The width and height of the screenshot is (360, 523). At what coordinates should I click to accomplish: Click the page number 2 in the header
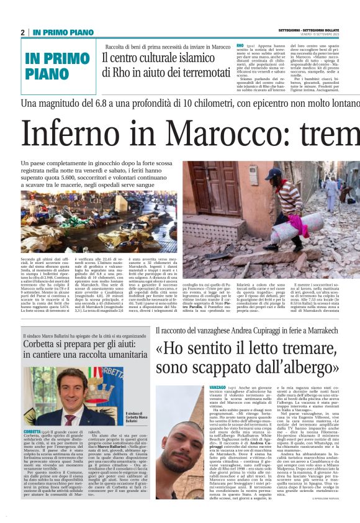22,32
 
